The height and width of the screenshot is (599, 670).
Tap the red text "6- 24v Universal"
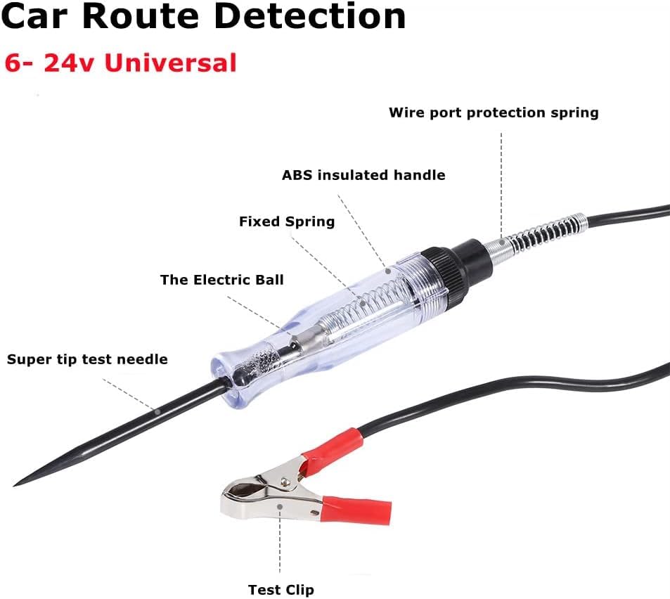tap(120, 63)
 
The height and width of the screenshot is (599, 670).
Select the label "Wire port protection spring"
tap(494, 112)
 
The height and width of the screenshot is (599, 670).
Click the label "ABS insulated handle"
tap(363, 175)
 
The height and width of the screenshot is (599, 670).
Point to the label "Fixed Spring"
tap(287, 221)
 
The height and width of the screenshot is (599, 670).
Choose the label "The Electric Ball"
tap(221, 280)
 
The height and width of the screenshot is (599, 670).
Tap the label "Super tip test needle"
tap(87, 359)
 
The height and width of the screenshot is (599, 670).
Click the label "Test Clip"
tap(281, 589)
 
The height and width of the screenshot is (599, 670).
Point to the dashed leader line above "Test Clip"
tap(280, 541)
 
